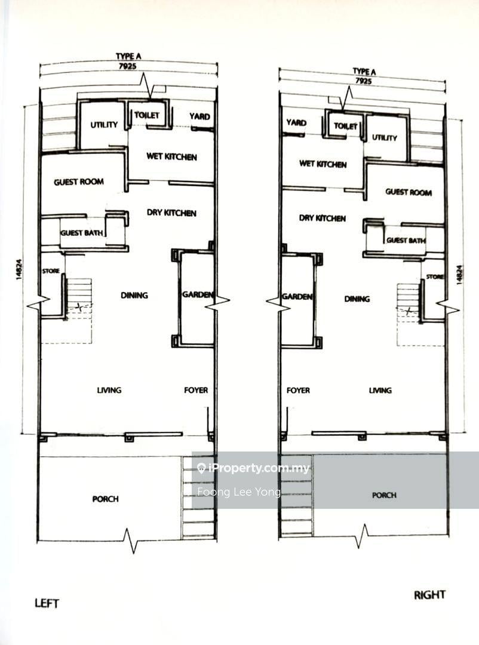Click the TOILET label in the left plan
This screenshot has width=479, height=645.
click(x=147, y=115)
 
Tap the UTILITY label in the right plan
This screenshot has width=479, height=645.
click(x=385, y=138)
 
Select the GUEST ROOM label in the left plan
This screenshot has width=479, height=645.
click(x=79, y=182)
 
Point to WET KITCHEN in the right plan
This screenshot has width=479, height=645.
click(x=323, y=164)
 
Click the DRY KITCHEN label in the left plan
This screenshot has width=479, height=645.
click(x=171, y=213)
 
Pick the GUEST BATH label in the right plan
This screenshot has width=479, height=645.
click(x=406, y=240)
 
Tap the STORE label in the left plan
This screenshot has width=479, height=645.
click(x=51, y=271)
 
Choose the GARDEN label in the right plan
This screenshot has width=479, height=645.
click(x=297, y=297)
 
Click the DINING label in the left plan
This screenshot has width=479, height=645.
click(x=134, y=296)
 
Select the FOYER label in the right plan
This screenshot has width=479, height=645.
click(x=299, y=391)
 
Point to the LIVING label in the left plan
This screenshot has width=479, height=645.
click(x=109, y=390)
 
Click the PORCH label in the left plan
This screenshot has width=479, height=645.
click(x=105, y=499)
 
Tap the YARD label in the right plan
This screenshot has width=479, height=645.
click(x=296, y=122)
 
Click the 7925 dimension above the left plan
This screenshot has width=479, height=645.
click(x=127, y=66)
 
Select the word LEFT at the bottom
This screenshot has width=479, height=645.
click(x=47, y=603)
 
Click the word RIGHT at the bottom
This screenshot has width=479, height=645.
click(x=429, y=595)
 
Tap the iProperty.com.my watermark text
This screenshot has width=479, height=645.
click(x=259, y=468)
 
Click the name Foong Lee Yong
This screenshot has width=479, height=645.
click(x=239, y=492)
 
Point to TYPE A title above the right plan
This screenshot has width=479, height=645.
click(x=364, y=72)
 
